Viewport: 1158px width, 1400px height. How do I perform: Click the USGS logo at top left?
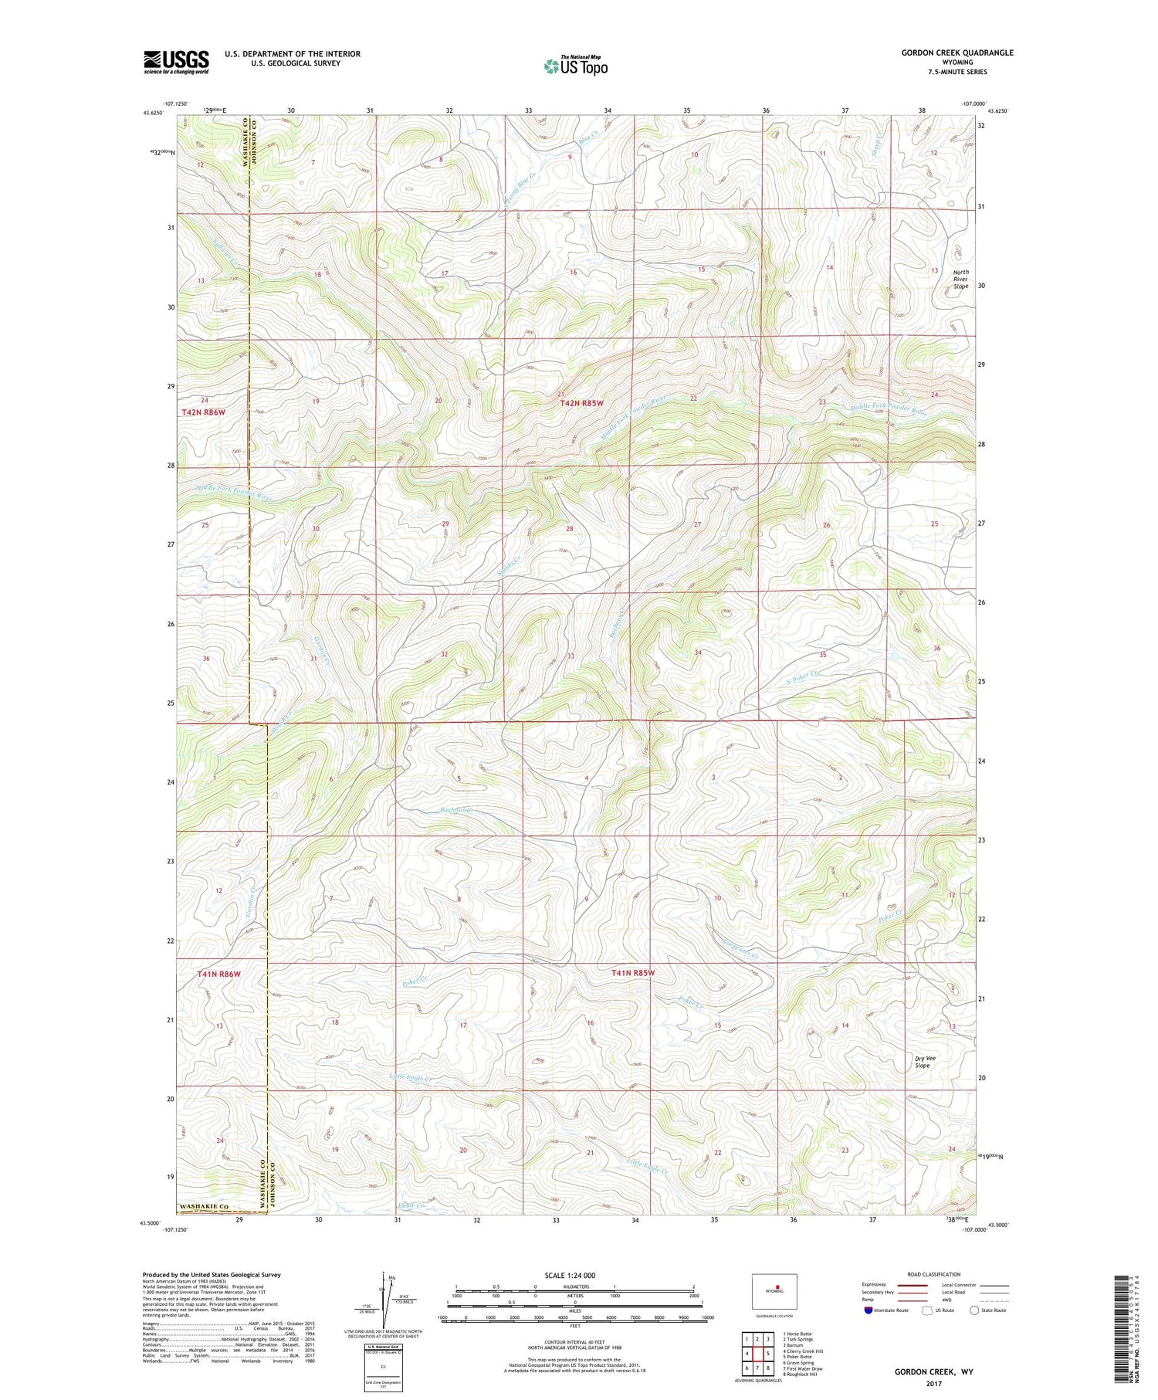coord(176,62)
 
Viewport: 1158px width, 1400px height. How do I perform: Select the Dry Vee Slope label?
coord(922,1062)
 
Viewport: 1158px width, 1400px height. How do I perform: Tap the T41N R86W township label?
coord(218,975)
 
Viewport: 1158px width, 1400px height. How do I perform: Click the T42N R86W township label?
coord(203,412)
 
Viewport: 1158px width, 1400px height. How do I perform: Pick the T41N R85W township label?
coord(632,973)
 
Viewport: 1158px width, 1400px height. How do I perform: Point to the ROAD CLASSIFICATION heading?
coord(934,1274)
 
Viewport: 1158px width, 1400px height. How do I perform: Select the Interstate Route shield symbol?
coord(868,1310)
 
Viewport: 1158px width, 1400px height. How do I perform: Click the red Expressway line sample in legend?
coord(912,1285)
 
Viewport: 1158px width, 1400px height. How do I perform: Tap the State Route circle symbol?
coord(975,1310)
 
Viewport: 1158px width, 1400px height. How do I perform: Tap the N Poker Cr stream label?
coord(802,676)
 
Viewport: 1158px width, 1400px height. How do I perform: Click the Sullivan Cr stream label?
coord(225,251)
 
